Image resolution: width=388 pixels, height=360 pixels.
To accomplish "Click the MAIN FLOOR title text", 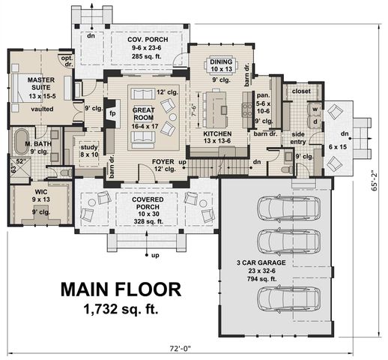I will tap(120, 289).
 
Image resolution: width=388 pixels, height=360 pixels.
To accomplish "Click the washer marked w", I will tap(315, 107).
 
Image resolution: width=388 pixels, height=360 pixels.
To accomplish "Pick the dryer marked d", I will tap(315, 121).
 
